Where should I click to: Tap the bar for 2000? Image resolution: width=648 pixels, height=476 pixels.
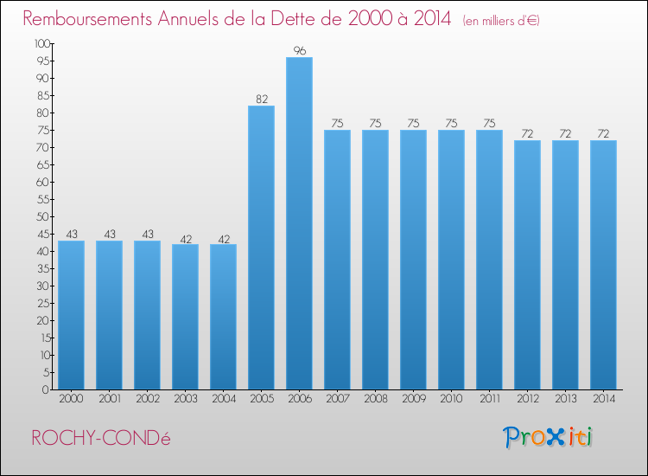pyautogui.click(x=71, y=315)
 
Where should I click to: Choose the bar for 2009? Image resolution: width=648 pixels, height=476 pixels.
pyautogui.click(x=413, y=260)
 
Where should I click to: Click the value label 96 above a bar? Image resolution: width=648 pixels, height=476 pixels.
pyautogui.click(x=299, y=51)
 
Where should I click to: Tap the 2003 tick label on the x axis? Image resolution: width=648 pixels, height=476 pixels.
pyautogui.click(x=185, y=399)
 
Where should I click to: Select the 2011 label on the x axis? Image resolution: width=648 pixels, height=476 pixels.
pyautogui.click(x=489, y=399)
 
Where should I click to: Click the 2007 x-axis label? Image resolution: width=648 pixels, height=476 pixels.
pyautogui.click(x=337, y=399)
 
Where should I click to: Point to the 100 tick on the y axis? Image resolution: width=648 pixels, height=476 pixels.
pyautogui.click(x=41, y=43)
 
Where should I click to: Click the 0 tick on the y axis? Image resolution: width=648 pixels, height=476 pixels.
pyautogui.click(x=47, y=389)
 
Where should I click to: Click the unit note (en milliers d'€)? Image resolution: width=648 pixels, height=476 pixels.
pyautogui.click(x=501, y=21)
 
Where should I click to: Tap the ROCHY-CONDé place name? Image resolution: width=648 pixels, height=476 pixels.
pyautogui.click(x=101, y=438)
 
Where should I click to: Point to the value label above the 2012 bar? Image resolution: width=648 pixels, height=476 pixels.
pyautogui.click(x=527, y=134)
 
